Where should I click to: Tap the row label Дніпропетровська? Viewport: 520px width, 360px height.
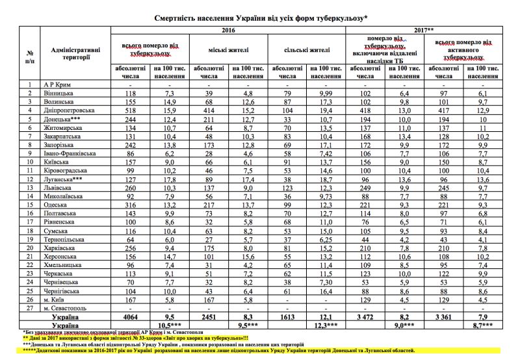69,111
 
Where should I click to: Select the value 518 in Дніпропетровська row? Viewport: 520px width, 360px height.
132,111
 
